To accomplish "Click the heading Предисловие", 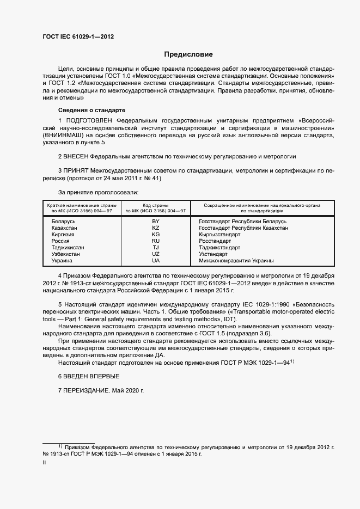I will (x=188, y=54).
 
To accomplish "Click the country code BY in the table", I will (x=155, y=222).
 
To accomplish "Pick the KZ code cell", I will (x=155, y=228).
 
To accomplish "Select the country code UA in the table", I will (x=155, y=261).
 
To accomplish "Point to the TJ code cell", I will (x=155, y=248).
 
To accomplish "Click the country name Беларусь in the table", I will (x=63, y=222).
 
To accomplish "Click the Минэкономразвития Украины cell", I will (x=229, y=261).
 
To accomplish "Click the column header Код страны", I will (x=156, y=205).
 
